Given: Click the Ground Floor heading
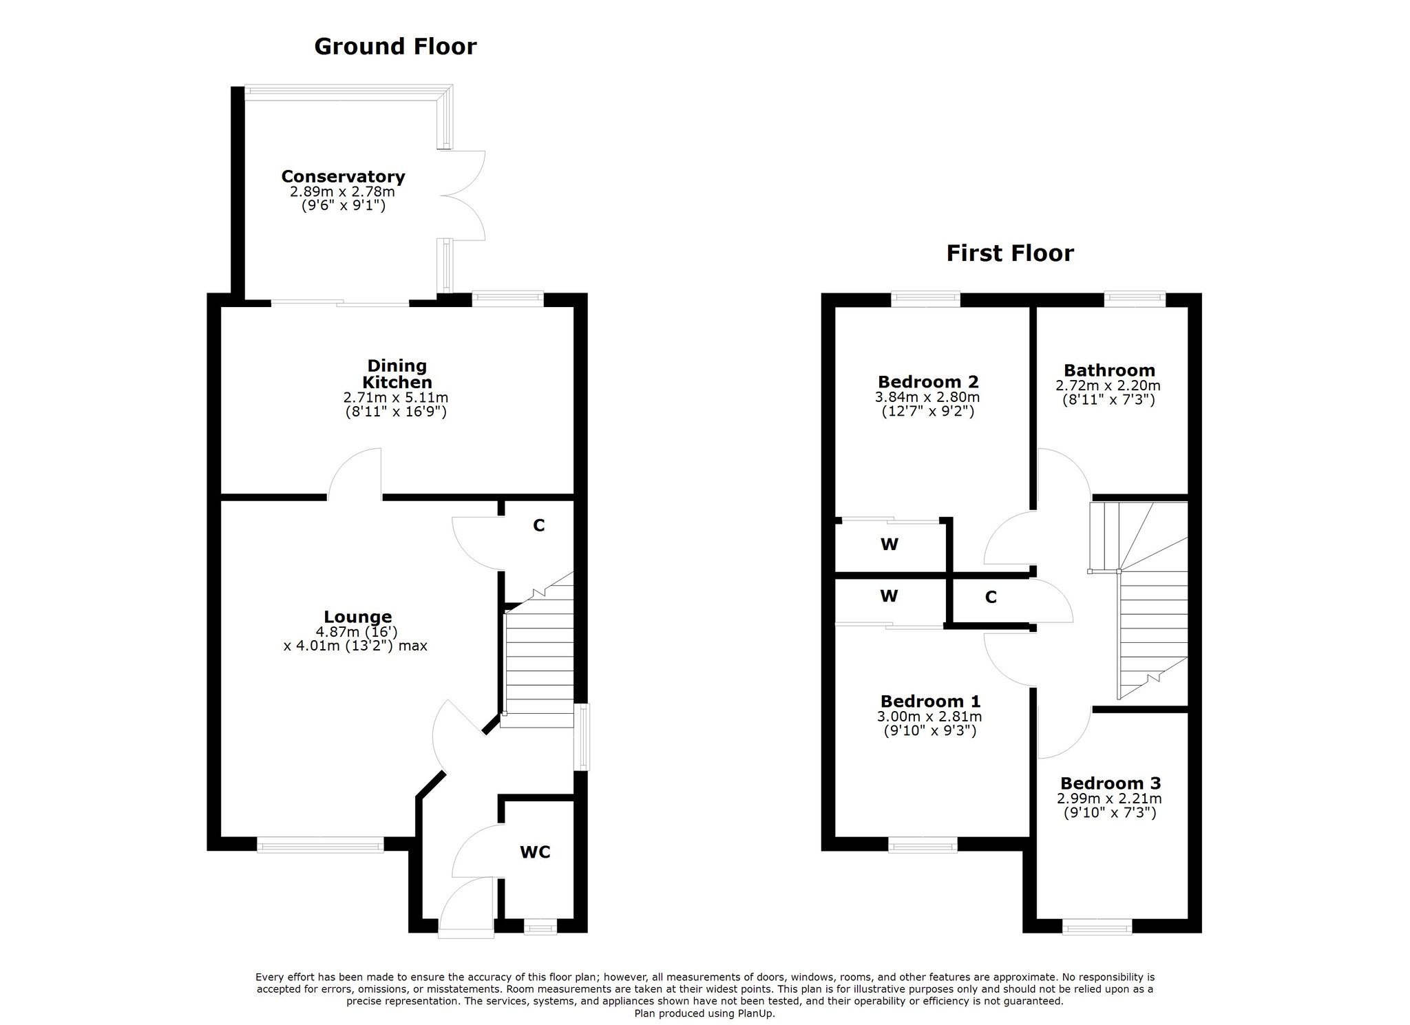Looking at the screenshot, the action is point(395,46).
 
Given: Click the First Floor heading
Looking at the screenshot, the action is point(1010,253).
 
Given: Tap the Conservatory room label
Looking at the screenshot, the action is point(343,176).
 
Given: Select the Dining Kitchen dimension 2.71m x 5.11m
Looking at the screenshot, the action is point(396,398).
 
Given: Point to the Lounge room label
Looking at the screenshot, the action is point(358,617).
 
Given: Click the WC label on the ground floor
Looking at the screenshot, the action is point(535,852).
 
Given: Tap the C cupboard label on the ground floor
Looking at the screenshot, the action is point(539,525).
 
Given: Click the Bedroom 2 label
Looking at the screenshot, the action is point(928,381).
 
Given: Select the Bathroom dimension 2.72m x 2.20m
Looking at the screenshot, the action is point(1108,386).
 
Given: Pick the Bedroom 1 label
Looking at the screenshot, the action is point(930,701).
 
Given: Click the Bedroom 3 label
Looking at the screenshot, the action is point(1111,783).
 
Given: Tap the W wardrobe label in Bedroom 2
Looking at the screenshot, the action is point(889,545).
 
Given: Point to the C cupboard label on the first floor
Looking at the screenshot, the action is point(991,597).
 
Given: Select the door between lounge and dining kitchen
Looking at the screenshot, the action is point(355,474).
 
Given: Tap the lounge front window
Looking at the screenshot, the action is point(320,844).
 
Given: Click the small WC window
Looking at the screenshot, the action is point(540,928).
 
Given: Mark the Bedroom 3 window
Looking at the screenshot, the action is point(1097,928).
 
